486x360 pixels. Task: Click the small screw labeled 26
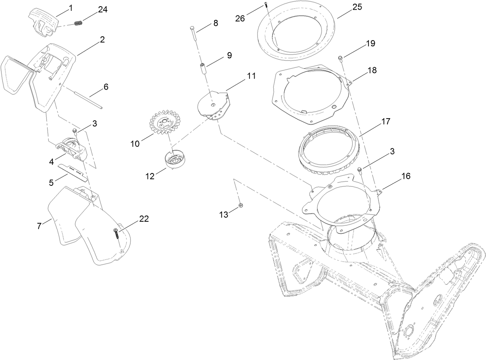pos(266,5)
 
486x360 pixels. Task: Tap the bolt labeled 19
pos(340,58)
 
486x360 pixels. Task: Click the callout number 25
pos(357,7)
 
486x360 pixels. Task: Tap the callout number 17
pos(386,121)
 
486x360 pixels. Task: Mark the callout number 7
pos(39,226)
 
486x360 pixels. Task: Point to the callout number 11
pos(251,76)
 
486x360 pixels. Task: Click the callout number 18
pos(372,70)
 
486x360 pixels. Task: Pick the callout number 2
pos(102,39)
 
